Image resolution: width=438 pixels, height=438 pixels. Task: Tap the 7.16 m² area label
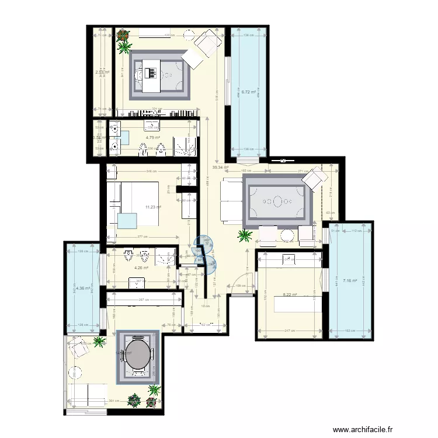pyautogui.click(x=350, y=280)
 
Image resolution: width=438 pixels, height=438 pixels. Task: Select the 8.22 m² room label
pyautogui.click(x=290, y=295)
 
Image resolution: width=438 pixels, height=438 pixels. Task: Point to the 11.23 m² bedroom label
pyautogui.click(x=154, y=206)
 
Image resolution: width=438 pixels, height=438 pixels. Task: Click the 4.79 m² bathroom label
pyautogui.click(x=153, y=138)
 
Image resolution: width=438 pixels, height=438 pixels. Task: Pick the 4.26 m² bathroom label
pyautogui.click(x=141, y=268)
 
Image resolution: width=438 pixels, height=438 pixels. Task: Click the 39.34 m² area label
pyautogui.click(x=220, y=168)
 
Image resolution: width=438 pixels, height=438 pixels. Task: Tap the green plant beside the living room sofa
pyautogui.click(x=245, y=235)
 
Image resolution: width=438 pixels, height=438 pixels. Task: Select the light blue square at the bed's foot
pyautogui.click(x=127, y=221)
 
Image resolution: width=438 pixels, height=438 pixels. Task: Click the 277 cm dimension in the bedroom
pyautogui.click(x=142, y=237)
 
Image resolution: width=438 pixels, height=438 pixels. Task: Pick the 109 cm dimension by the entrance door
pyautogui.click(x=239, y=285)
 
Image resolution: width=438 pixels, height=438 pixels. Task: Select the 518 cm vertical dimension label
pyautogui.click(x=217, y=99)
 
